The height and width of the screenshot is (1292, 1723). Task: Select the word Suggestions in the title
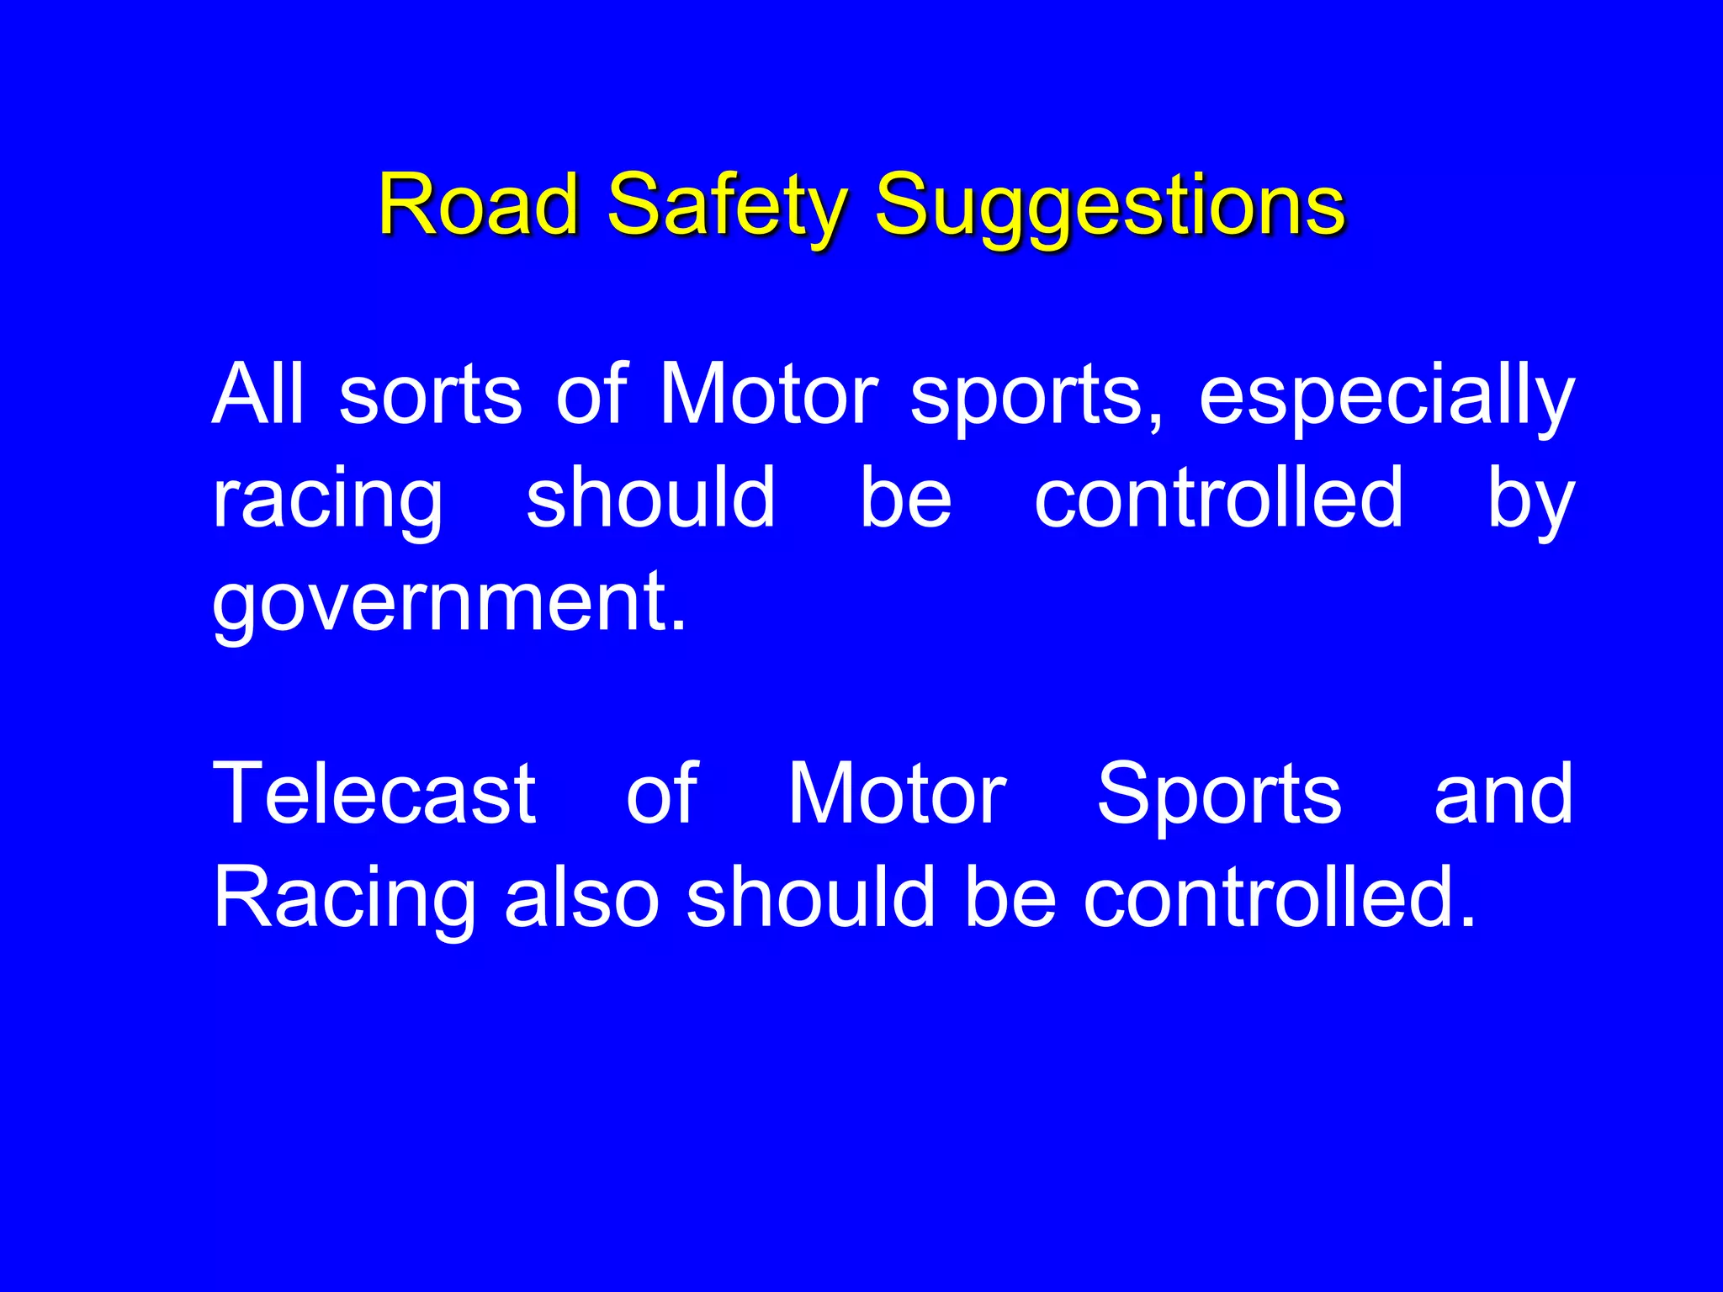pos(1110,206)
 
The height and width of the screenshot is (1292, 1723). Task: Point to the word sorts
pos(430,395)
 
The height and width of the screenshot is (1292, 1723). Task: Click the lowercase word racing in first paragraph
pos(327,500)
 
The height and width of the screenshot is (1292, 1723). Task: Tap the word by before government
pos(1529,500)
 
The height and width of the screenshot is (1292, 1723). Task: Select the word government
pos(441,603)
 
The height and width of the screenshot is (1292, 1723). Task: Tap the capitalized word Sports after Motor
pos(1219,795)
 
